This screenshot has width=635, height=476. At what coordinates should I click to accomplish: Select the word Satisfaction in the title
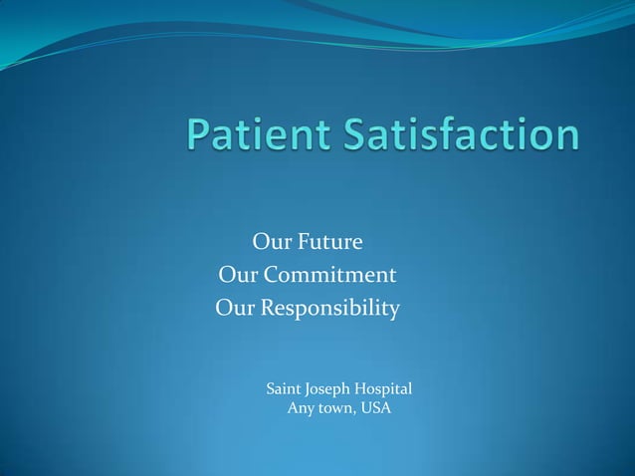pyautogui.click(x=462, y=136)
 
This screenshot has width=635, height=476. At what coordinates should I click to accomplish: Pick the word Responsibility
pyautogui.click(x=330, y=309)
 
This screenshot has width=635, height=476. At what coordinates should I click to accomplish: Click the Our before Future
pyautogui.click(x=271, y=242)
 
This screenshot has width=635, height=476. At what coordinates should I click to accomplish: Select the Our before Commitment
pyautogui.click(x=236, y=275)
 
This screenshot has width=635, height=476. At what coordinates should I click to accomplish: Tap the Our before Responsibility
pyautogui.click(x=235, y=309)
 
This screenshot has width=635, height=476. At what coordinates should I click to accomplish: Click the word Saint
pyautogui.click(x=286, y=388)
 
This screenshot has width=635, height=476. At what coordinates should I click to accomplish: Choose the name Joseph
pyautogui.click(x=333, y=389)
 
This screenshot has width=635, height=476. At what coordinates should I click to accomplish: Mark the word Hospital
pyautogui.click(x=389, y=389)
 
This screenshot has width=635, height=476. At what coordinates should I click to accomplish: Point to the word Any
pyautogui.click(x=301, y=408)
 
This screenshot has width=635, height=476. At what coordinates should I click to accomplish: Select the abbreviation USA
pyautogui.click(x=376, y=408)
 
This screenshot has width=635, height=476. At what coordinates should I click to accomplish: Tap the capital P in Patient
pyautogui.click(x=199, y=136)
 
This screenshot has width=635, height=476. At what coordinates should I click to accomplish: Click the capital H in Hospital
pyautogui.click(x=367, y=388)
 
